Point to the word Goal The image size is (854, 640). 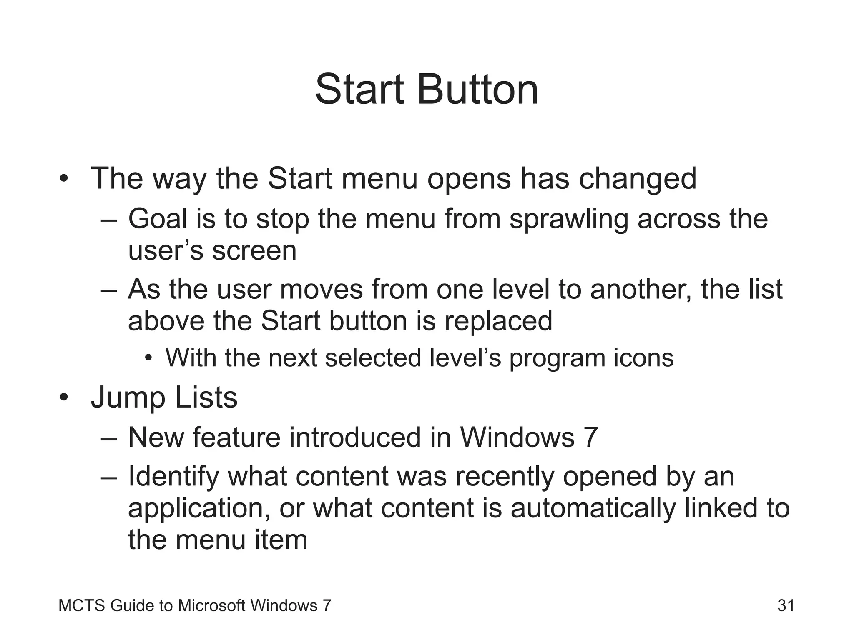pos(158,219)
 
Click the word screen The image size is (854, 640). pos(254,251)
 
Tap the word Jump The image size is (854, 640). pos(128,398)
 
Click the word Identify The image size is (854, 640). pos(173,477)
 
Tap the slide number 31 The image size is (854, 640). pos(786,605)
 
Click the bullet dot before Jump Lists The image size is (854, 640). pos(63,398)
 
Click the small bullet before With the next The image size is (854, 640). pos(149,358)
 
